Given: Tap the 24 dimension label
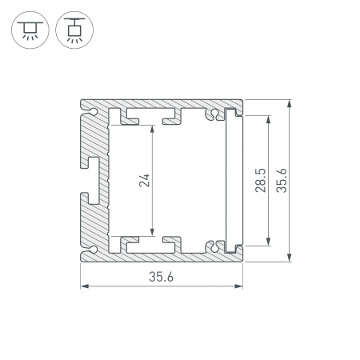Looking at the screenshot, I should pyautogui.click(x=144, y=180).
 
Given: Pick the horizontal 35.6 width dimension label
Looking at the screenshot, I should pyautogui.click(x=161, y=276).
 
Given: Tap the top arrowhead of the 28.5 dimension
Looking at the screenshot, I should pyautogui.click(x=267, y=118).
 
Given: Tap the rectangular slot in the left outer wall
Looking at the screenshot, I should pyautogui.click(x=93, y=180).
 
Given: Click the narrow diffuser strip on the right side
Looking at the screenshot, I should pyautogui.click(x=234, y=180).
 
